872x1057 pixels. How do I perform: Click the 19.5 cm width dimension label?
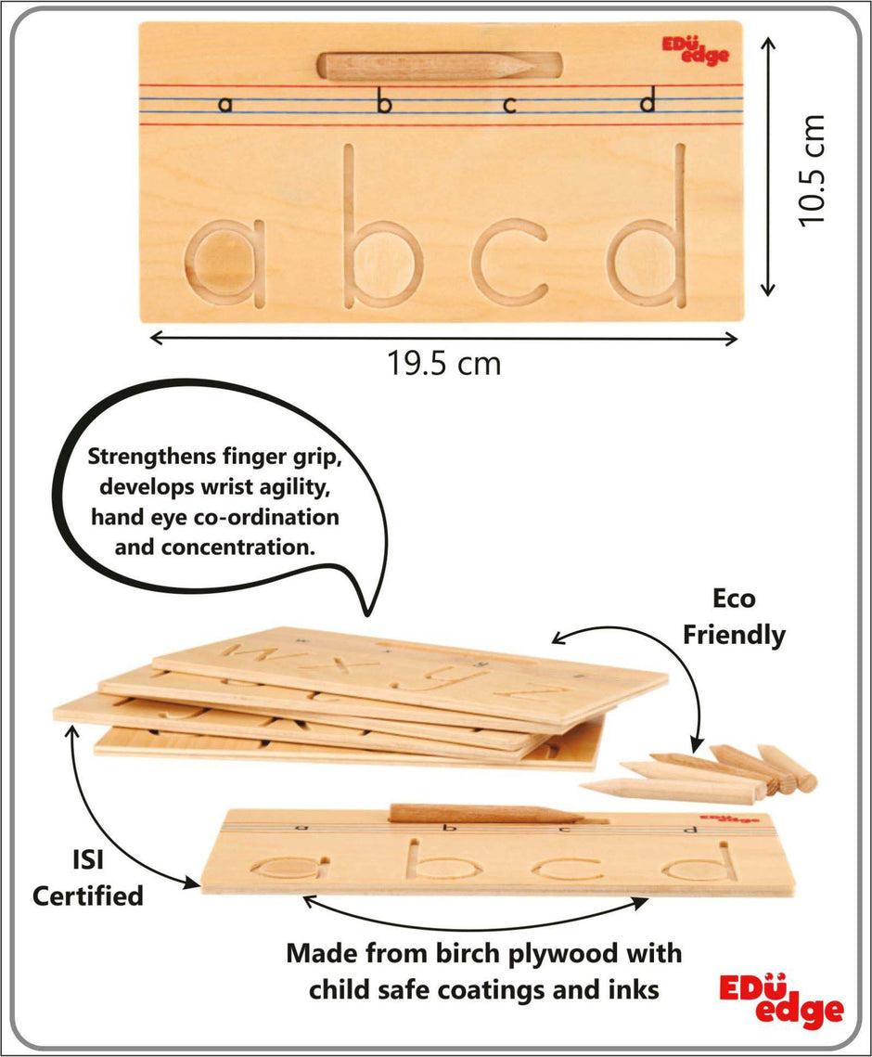click(444, 364)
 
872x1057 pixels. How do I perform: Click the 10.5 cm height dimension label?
click(811, 170)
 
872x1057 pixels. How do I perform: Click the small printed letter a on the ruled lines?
click(225, 105)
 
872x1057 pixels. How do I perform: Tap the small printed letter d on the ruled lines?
click(648, 102)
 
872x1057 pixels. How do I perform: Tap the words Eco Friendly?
click(734, 617)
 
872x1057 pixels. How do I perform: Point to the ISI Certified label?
click(87, 878)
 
